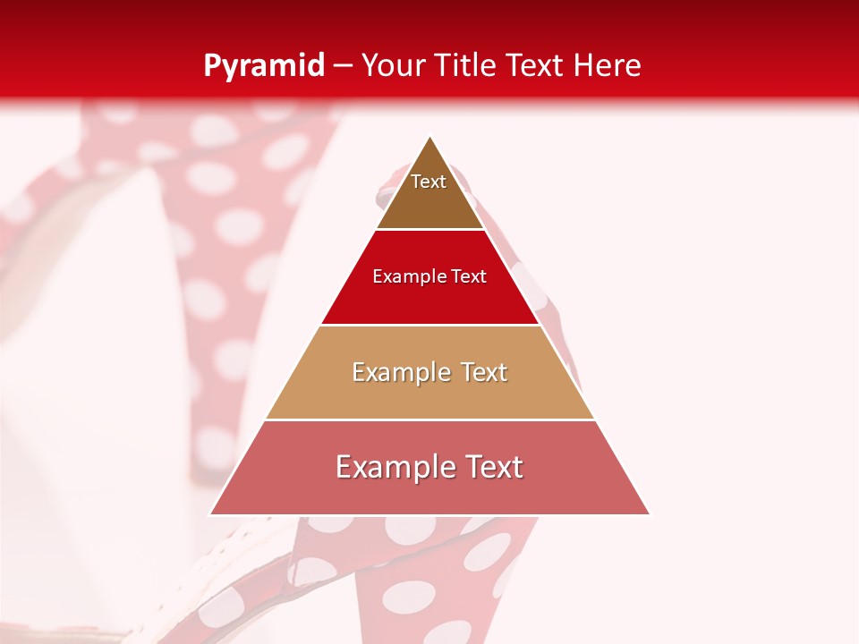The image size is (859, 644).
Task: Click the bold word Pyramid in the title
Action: pyautogui.click(x=263, y=66)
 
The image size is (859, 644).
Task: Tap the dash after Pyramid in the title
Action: pyautogui.click(x=343, y=66)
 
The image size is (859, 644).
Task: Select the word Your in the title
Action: pyautogui.click(x=393, y=66)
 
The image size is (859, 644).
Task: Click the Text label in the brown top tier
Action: pyautogui.click(x=429, y=182)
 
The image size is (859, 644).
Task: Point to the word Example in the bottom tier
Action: pyautogui.click(x=393, y=467)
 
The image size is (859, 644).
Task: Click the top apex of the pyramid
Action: pyautogui.click(x=429, y=137)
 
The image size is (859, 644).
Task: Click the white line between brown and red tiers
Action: pyautogui.click(x=429, y=230)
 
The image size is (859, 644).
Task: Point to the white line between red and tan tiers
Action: pyautogui.click(x=429, y=325)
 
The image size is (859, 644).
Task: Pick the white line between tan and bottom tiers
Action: pyautogui.click(x=429, y=419)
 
